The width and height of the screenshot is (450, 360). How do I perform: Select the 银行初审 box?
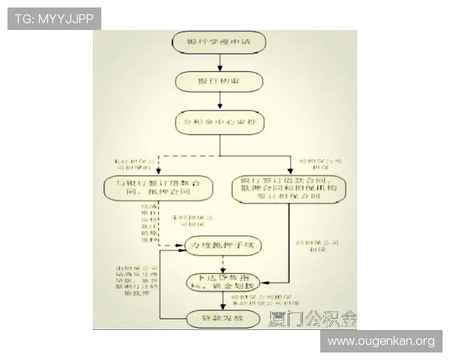[x=219, y=80]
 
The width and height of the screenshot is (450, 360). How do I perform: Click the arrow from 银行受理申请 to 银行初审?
[x=219, y=63]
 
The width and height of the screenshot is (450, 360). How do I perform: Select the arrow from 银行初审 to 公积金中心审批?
[x=219, y=101]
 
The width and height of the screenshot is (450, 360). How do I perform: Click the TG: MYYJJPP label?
[x=53, y=18]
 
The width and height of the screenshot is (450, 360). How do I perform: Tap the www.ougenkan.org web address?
[x=381, y=341]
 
